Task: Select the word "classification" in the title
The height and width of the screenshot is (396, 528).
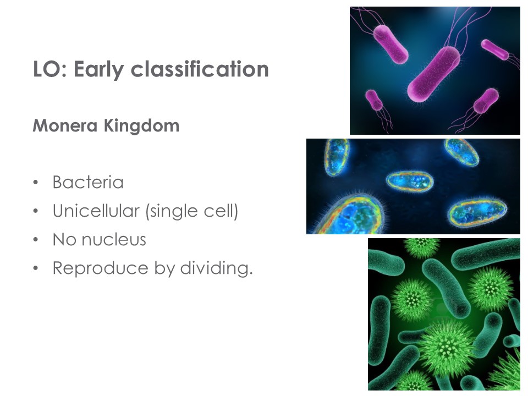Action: (x=200, y=69)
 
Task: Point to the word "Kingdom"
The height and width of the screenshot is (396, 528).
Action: (x=141, y=126)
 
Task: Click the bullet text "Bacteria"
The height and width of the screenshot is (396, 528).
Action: (x=88, y=182)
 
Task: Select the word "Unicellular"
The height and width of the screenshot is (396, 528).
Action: (x=96, y=211)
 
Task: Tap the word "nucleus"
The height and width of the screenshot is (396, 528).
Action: (x=114, y=240)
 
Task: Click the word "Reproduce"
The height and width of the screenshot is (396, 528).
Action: (x=100, y=269)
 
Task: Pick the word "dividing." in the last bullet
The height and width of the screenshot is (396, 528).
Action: (x=217, y=268)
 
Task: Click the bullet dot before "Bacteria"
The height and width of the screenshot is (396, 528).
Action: (x=36, y=183)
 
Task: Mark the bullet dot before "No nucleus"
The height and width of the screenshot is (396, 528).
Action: (x=36, y=240)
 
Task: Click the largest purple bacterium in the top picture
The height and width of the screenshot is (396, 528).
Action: (x=434, y=74)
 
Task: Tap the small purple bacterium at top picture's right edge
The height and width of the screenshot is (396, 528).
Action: (x=494, y=50)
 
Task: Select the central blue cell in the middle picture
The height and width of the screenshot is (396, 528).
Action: (x=409, y=182)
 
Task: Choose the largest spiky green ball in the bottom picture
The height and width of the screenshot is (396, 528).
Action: (x=446, y=348)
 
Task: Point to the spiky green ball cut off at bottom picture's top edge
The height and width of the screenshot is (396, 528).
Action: (x=422, y=248)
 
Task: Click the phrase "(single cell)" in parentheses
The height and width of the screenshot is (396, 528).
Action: (x=191, y=211)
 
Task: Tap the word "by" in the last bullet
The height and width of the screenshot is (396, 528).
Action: (x=164, y=269)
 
